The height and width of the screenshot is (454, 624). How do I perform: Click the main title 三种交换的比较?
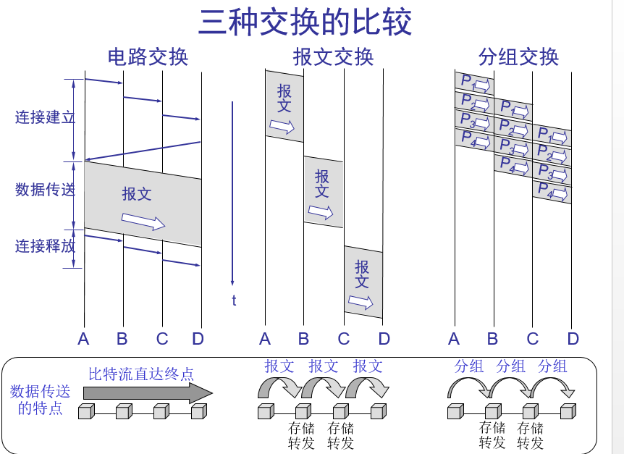[x=305, y=22]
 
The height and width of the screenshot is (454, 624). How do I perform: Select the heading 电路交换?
[x=148, y=57]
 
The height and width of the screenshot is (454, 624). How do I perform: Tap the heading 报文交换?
[x=334, y=57]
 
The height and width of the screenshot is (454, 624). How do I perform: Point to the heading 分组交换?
[x=518, y=57]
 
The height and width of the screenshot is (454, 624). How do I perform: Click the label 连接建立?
[x=45, y=117]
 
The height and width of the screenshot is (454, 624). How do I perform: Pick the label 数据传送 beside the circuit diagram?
[x=45, y=190]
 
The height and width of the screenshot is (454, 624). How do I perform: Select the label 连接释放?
[x=45, y=246]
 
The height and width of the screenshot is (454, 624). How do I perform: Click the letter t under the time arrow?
[x=234, y=300]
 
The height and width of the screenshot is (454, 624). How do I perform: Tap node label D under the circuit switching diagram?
[x=198, y=339]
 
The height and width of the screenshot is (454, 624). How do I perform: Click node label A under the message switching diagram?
[x=265, y=339]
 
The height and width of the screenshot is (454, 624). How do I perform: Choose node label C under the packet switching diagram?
[x=533, y=339]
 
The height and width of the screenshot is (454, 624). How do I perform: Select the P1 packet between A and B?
[x=474, y=83]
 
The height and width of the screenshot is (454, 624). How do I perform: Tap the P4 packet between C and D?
[x=552, y=193]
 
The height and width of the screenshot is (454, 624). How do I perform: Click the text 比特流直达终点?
[x=141, y=374]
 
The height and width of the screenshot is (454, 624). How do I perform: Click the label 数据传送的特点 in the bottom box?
[x=41, y=400]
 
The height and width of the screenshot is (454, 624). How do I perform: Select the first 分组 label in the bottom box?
[x=468, y=366]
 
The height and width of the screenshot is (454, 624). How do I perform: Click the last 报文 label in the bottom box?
[x=368, y=366]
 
